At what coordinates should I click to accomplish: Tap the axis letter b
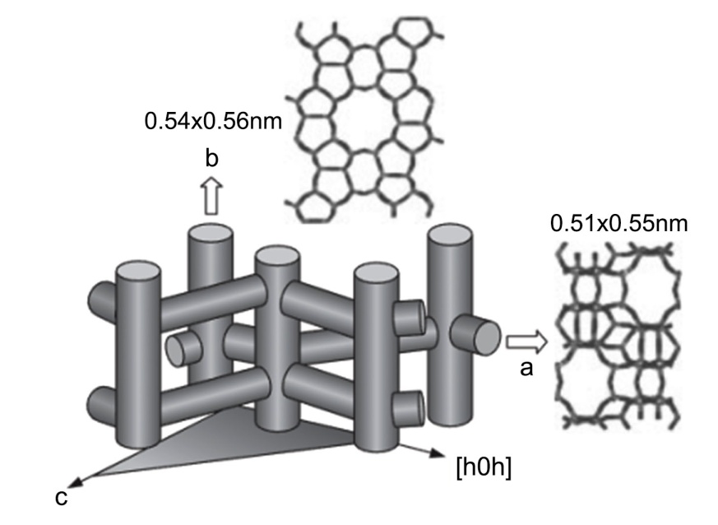pos(211,159)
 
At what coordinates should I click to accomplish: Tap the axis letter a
pos(527,369)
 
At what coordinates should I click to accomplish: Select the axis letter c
pos(61,498)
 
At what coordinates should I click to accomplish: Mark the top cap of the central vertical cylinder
pos(277,257)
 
